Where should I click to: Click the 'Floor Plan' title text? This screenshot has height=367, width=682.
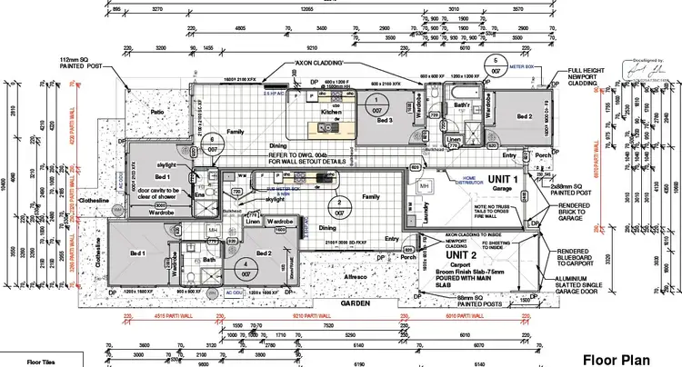[627, 358]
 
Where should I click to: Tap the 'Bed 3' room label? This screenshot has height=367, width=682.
[385, 120]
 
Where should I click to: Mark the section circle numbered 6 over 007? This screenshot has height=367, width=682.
[212, 143]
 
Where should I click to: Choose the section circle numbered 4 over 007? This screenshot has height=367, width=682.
[245, 270]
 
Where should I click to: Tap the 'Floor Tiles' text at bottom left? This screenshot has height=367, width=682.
[41, 362]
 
